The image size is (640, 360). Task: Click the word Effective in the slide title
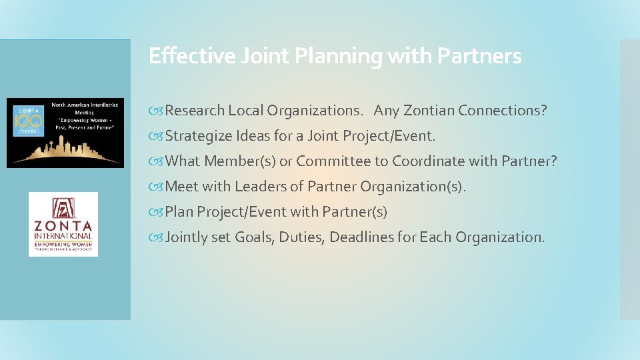point(181,56)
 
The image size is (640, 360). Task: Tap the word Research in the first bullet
point(195,111)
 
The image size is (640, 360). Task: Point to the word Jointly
point(187,237)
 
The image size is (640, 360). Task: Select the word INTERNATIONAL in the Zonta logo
point(63,236)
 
